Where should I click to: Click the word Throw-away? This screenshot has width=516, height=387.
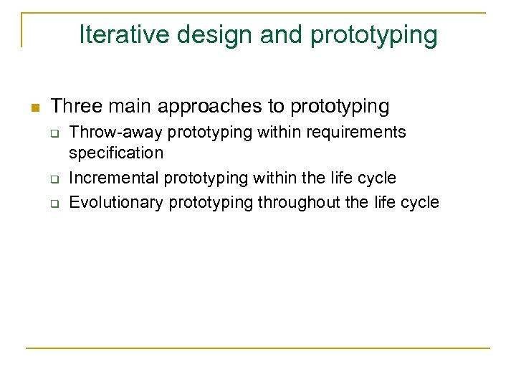pos(116,133)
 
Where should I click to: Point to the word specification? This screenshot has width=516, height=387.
pos(116,153)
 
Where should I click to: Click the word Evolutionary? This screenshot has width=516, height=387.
pos(116,203)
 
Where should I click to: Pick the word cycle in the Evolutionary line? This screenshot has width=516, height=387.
pos(420,203)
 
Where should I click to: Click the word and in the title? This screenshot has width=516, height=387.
pos(252,34)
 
